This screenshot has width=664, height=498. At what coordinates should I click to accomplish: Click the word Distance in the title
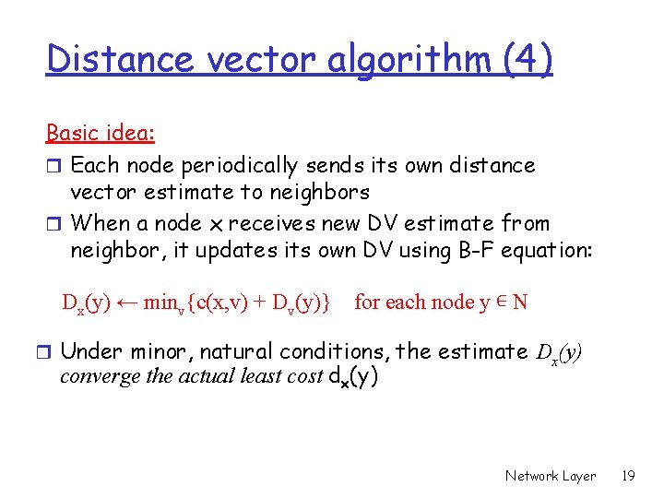(x=120, y=60)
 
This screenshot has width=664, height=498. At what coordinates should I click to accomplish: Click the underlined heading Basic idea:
(x=101, y=133)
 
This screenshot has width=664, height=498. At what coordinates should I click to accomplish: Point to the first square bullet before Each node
(x=54, y=167)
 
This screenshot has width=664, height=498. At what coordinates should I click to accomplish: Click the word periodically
(x=231, y=166)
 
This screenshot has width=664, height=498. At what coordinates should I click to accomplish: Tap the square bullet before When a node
(x=54, y=224)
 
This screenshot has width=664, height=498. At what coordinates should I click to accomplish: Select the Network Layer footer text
(x=551, y=476)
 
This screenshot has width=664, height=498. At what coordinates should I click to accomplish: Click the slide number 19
(x=629, y=476)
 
